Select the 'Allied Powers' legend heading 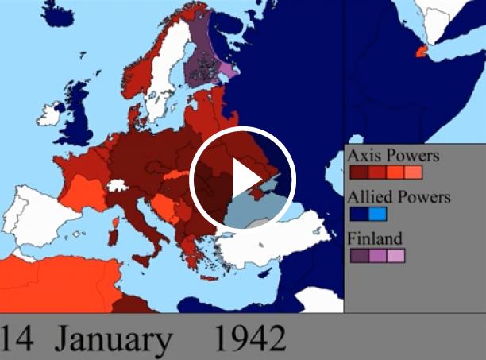tap(399, 197)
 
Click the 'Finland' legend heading tap(375, 238)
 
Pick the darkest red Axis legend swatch tap(358, 172)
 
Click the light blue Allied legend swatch tap(377, 214)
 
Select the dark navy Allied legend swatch tap(358, 214)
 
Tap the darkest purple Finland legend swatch tap(358, 256)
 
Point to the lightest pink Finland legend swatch tap(395, 256)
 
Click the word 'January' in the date tap(114, 339)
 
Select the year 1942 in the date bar tap(249, 339)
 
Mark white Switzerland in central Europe tap(118, 186)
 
